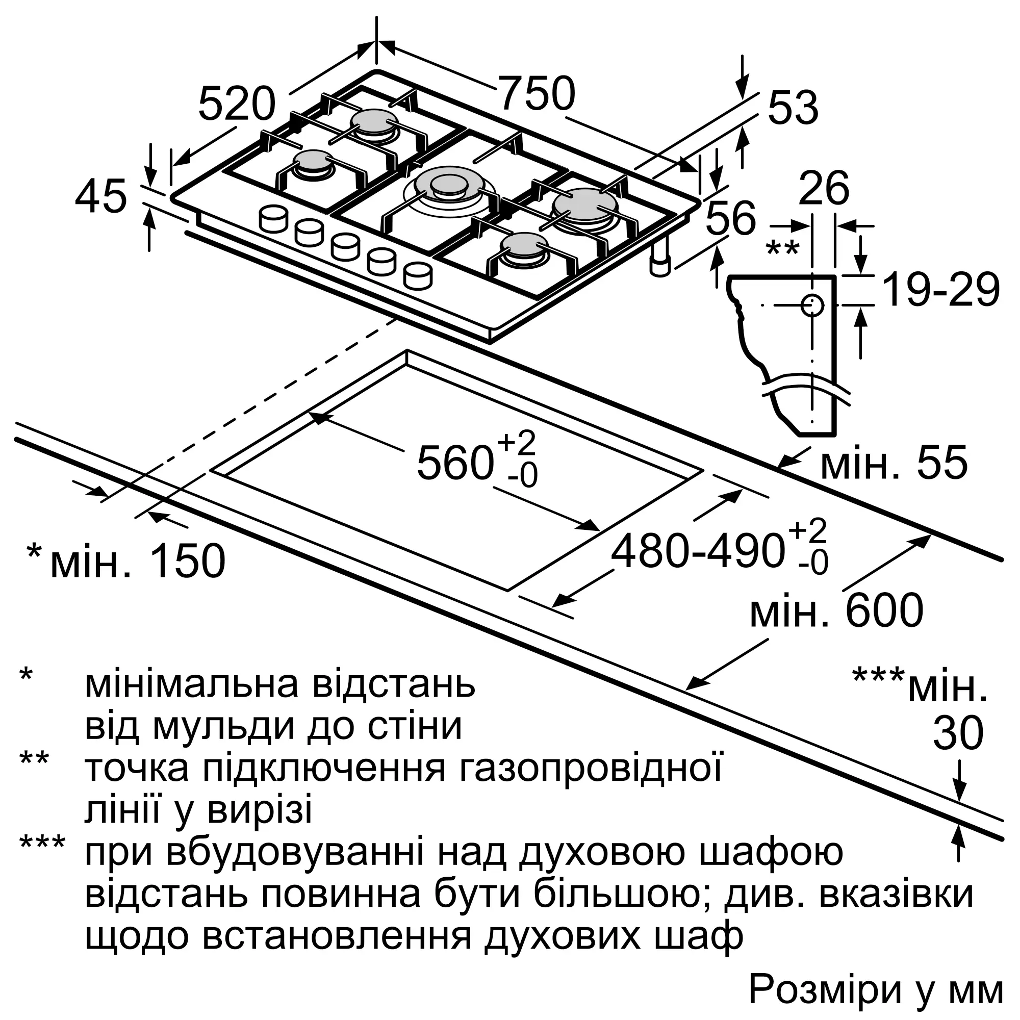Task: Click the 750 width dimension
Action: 537,93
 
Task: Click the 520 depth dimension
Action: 237,104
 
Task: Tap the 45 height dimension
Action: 101,196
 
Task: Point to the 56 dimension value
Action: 731,218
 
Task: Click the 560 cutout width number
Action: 455,463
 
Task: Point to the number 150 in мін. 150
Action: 187,560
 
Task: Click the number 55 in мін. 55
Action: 942,463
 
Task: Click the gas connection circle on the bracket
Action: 812,305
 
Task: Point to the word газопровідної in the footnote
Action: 590,769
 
